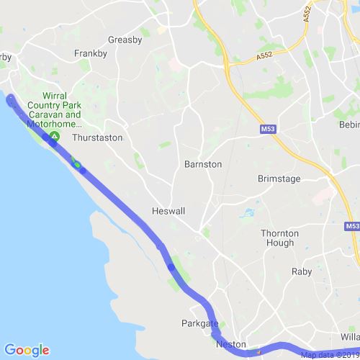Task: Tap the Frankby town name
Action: point(91,53)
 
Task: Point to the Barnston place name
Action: point(203,164)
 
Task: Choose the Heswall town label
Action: point(169,212)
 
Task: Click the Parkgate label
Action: point(200,324)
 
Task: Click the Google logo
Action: point(26,351)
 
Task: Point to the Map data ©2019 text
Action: point(329,354)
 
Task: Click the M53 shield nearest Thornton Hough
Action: point(351,226)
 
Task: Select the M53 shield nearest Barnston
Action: point(267,130)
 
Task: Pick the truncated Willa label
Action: point(348,337)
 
